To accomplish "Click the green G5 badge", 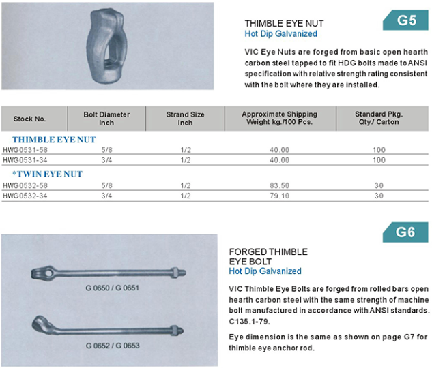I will [x=406, y=20].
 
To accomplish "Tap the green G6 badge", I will [x=405, y=232].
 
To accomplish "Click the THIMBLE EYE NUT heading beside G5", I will [x=280, y=22].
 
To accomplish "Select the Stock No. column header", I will [x=29, y=119].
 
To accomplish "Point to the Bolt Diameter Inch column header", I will [x=106, y=119].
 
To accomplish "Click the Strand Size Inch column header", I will [x=185, y=119].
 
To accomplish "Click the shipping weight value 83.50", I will [x=280, y=185].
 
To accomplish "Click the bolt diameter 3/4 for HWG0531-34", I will [x=106, y=159].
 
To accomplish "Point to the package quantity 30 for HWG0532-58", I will [x=379, y=185].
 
